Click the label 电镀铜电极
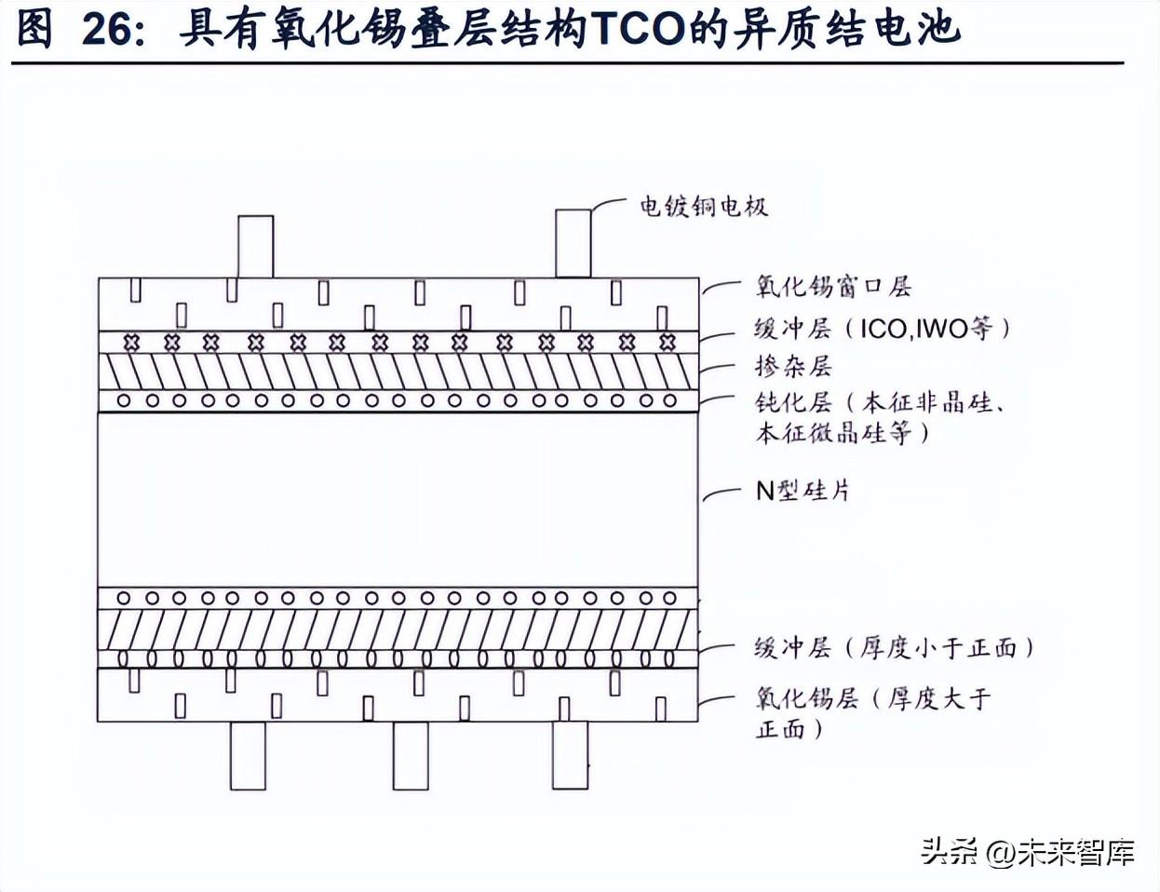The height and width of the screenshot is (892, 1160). click(x=704, y=207)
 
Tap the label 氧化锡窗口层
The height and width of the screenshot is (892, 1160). click(x=833, y=287)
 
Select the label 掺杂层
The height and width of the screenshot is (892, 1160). click(x=793, y=367)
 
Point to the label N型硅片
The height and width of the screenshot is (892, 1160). click(x=803, y=491)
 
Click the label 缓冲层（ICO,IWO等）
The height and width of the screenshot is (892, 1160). click(x=883, y=329)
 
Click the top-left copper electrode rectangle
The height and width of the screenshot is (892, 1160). click(x=256, y=247)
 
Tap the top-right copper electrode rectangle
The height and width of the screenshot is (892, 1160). click(x=573, y=243)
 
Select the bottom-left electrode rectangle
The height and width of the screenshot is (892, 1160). click(x=248, y=756)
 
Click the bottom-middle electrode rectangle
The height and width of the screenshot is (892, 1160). click(x=411, y=756)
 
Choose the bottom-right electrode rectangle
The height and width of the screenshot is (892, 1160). click(x=570, y=755)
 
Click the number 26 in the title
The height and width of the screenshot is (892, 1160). click(x=107, y=30)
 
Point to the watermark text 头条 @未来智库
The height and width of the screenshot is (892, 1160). click(x=1028, y=853)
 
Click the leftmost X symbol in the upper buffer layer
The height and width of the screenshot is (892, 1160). click(x=131, y=342)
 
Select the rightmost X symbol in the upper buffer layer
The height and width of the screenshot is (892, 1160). click(x=668, y=342)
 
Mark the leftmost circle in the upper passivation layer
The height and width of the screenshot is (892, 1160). click(x=124, y=400)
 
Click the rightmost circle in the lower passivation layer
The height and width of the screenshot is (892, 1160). click(x=669, y=599)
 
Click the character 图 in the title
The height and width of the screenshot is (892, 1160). click(x=34, y=30)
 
